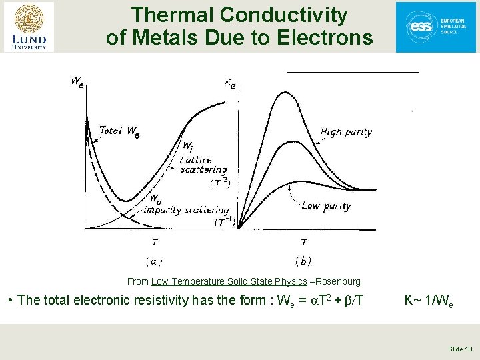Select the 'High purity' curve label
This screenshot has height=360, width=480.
coord(346,133)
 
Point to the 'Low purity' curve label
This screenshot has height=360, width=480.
coord(326,206)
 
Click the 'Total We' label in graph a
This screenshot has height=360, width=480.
coord(119,131)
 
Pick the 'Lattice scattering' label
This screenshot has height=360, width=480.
coord(203,165)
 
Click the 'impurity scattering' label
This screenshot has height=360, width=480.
coord(186,210)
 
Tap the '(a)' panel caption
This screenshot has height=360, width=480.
coord(154,261)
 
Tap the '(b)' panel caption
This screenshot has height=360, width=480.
coord(303,261)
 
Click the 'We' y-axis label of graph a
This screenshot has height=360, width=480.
coord(77,83)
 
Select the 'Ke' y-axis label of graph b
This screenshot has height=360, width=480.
coord(230,83)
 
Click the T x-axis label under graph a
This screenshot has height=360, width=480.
coord(155,243)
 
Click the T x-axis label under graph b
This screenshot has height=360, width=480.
coord(304,243)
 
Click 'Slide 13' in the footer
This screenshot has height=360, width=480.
coord(460,349)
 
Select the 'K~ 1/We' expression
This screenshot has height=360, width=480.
coord(428,301)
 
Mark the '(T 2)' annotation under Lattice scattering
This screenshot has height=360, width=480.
coord(220,182)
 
